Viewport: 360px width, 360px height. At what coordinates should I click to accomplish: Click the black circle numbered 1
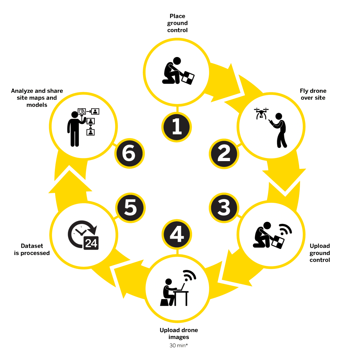(x=176, y=127)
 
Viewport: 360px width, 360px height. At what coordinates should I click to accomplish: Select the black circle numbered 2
(x=224, y=154)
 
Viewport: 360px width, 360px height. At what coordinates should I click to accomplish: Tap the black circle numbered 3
(x=224, y=208)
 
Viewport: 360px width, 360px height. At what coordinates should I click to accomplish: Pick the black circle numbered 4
(x=176, y=234)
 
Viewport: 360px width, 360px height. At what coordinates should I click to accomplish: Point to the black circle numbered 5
(x=130, y=208)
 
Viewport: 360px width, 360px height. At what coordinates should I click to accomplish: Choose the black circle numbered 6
(x=130, y=153)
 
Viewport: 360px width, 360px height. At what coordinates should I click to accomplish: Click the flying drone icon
(x=261, y=113)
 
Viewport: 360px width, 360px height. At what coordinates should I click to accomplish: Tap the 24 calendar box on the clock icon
(x=91, y=243)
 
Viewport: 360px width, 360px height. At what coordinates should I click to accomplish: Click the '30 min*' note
(x=178, y=345)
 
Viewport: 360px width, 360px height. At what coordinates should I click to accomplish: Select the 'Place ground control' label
(x=177, y=23)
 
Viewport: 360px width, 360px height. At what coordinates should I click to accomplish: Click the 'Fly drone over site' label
(x=313, y=94)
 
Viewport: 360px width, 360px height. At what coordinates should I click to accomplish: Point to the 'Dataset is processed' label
(x=32, y=249)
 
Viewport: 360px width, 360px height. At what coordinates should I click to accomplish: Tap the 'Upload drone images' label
(x=178, y=334)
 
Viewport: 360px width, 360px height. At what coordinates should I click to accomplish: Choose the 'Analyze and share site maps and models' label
(x=37, y=98)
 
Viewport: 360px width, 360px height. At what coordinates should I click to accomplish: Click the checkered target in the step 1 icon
(x=188, y=78)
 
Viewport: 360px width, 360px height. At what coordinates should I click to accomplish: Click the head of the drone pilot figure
(x=278, y=116)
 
